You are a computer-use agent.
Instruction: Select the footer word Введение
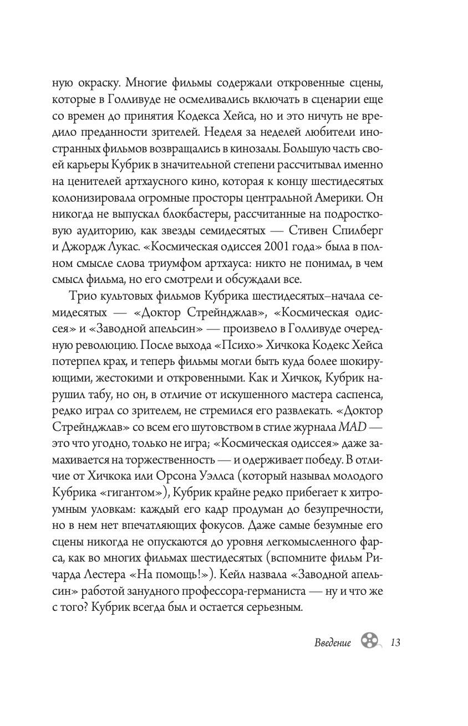point(333,643)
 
